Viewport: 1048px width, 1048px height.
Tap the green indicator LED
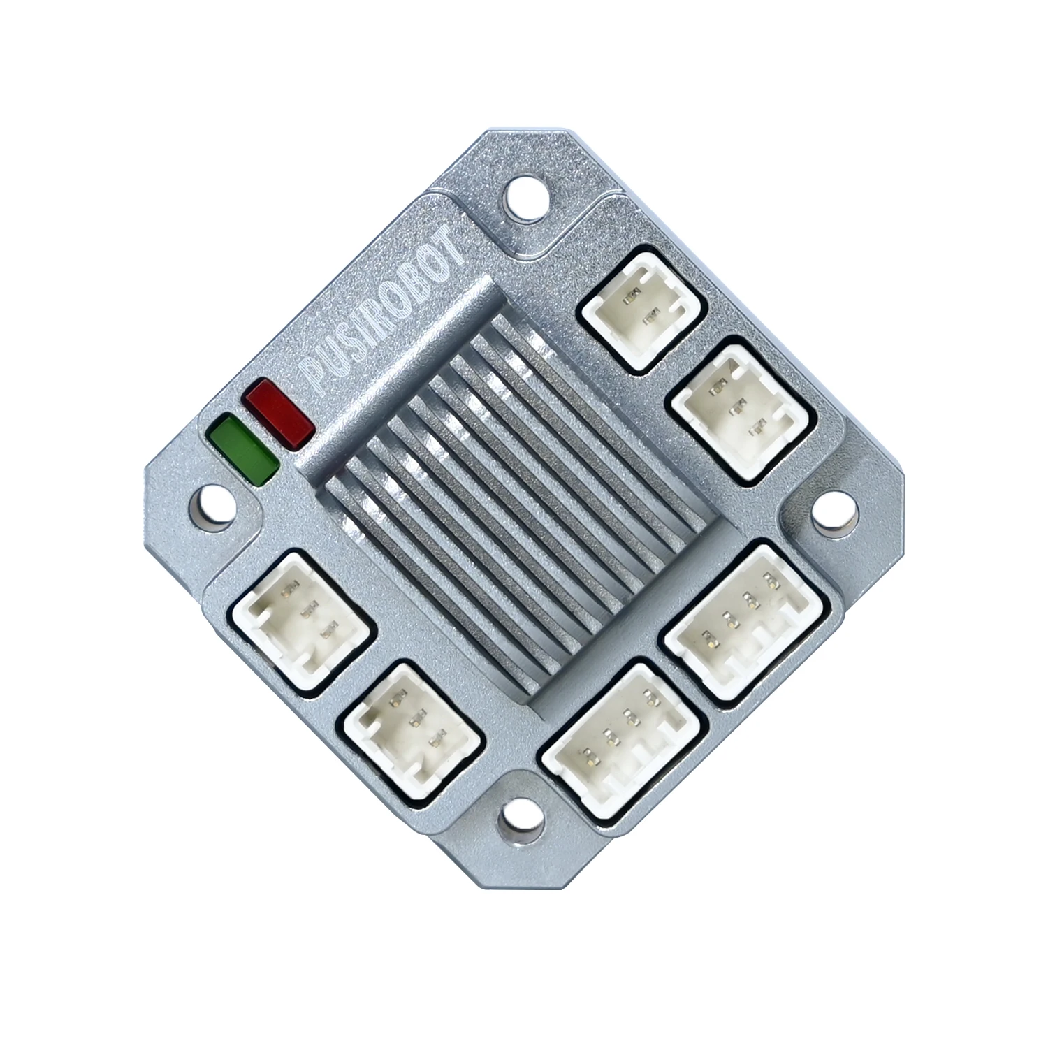tap(242, 449)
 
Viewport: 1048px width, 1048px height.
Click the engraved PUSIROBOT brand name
tap(385, 315)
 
